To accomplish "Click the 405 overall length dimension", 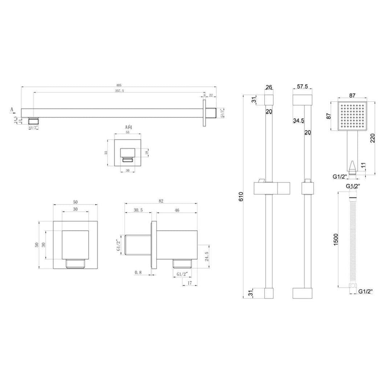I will point(119,85).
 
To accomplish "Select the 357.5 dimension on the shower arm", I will point(119,91).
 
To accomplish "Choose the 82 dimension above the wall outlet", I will point(161,201).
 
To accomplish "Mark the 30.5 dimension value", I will point(138,210).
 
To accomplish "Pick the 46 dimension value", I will point(177,210).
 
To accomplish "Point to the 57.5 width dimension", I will point(302,87).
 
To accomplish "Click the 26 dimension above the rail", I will point(269,87).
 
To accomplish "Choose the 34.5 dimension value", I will point(298,121).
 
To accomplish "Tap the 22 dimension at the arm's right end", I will point(211,95).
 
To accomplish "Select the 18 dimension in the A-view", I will point(147,152).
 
